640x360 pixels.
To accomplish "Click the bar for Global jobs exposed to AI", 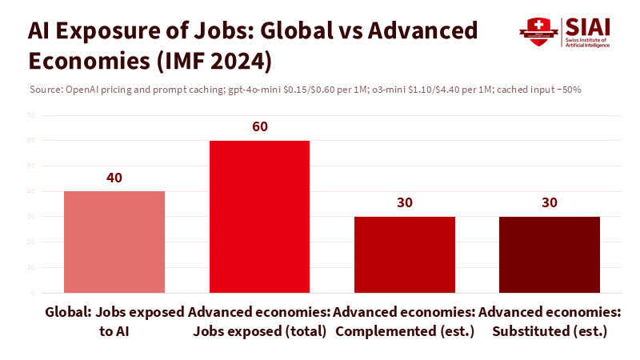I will pos(114,242).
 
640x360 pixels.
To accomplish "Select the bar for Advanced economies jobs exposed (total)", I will pos(259,216).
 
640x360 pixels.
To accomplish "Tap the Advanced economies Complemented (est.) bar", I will pos(405,254).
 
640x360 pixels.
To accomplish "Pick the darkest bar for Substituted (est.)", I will pos(550,254).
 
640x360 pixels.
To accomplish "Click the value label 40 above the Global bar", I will pos(114,178).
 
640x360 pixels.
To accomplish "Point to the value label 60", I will pos(259,127).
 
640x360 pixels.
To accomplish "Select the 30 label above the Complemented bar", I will pos(405,202).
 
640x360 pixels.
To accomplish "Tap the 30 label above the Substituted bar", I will pos(550,202).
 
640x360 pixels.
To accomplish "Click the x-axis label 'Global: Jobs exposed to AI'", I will pos(114,320).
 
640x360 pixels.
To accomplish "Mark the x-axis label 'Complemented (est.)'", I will pos(405,330).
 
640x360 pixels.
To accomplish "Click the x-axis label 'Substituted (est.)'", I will pos(550,330).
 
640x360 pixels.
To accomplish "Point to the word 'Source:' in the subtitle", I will pos(44,90).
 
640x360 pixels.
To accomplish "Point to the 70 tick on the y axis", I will pos(31,115).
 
